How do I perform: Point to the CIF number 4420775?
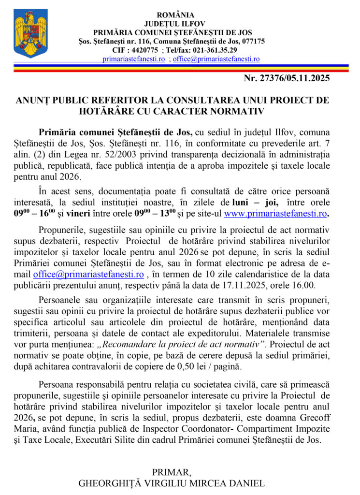144,50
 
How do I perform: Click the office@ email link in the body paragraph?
88,275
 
